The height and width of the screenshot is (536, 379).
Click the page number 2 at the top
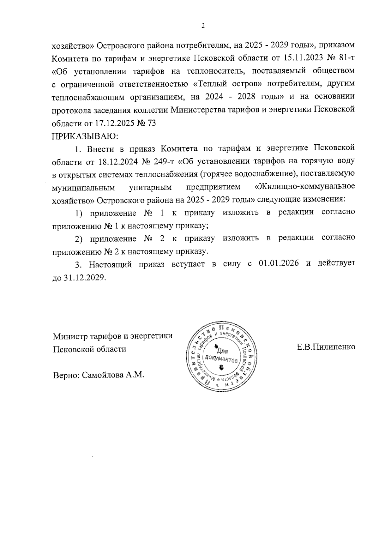coord(203,26)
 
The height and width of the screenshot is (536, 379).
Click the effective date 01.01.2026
coord(279,264)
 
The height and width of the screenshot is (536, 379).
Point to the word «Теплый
coord(209,84)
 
